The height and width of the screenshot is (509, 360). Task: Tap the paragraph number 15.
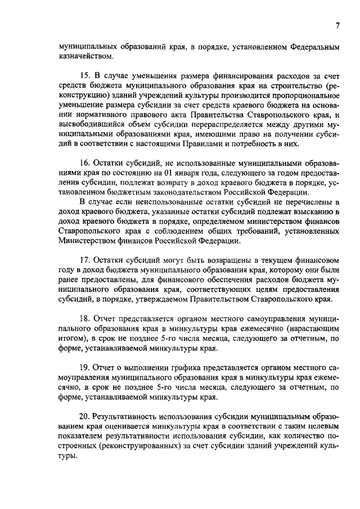(x=85, y=75)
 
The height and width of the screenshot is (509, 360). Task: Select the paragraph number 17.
(x=85, y=260)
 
